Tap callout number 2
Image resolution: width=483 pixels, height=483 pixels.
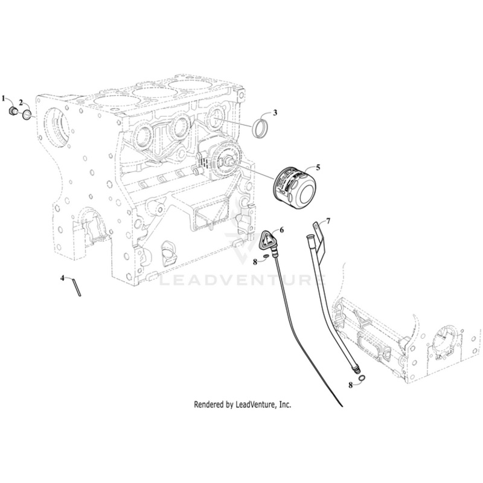tap(21, 102)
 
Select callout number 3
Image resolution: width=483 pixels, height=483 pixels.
tap(275, 112)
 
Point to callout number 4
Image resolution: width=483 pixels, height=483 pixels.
tap(62, 278)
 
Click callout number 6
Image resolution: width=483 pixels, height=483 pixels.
tap(281, 230)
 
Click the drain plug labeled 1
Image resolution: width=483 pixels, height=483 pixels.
tap(13, 112)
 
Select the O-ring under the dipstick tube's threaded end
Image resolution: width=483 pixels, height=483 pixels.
tap(360, 379)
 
